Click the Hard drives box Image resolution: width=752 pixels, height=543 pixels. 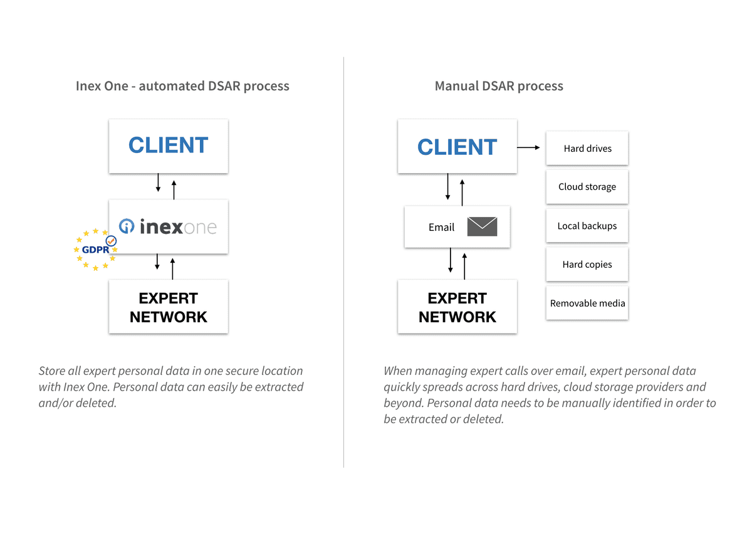(x=587, y=149)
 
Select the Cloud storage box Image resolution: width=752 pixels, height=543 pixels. (x=587, y=187)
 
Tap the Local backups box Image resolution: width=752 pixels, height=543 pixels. (x=587, y=226)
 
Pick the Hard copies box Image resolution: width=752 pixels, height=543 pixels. (x=587, y=265)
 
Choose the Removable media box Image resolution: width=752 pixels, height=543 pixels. (x=587, y=303)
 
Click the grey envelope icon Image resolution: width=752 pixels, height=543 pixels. (x=482, y=226)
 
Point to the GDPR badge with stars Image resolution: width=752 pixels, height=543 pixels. (x=95, y=250)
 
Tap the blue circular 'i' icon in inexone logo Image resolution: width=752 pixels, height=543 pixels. (x=127, y=226)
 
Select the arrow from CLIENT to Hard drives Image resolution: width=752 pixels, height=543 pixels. (x=528, y=147)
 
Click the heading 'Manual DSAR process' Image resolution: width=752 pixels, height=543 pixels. (x=499, y=86)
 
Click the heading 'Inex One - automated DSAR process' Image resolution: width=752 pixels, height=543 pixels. (x=182, y=86)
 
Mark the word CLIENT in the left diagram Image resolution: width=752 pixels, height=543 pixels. (x=168, y=145)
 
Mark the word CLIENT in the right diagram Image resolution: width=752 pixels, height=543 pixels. (x=457, y=147)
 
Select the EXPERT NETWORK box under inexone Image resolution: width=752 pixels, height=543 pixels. (x=168, y=307)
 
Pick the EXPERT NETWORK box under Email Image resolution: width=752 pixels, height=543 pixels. (x=457, y=307)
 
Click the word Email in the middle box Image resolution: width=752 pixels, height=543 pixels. (x=441, y=227)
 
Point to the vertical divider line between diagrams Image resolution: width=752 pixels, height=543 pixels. (x=343, y=263)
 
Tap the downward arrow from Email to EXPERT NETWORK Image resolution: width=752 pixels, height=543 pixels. (x=450, y=260)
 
